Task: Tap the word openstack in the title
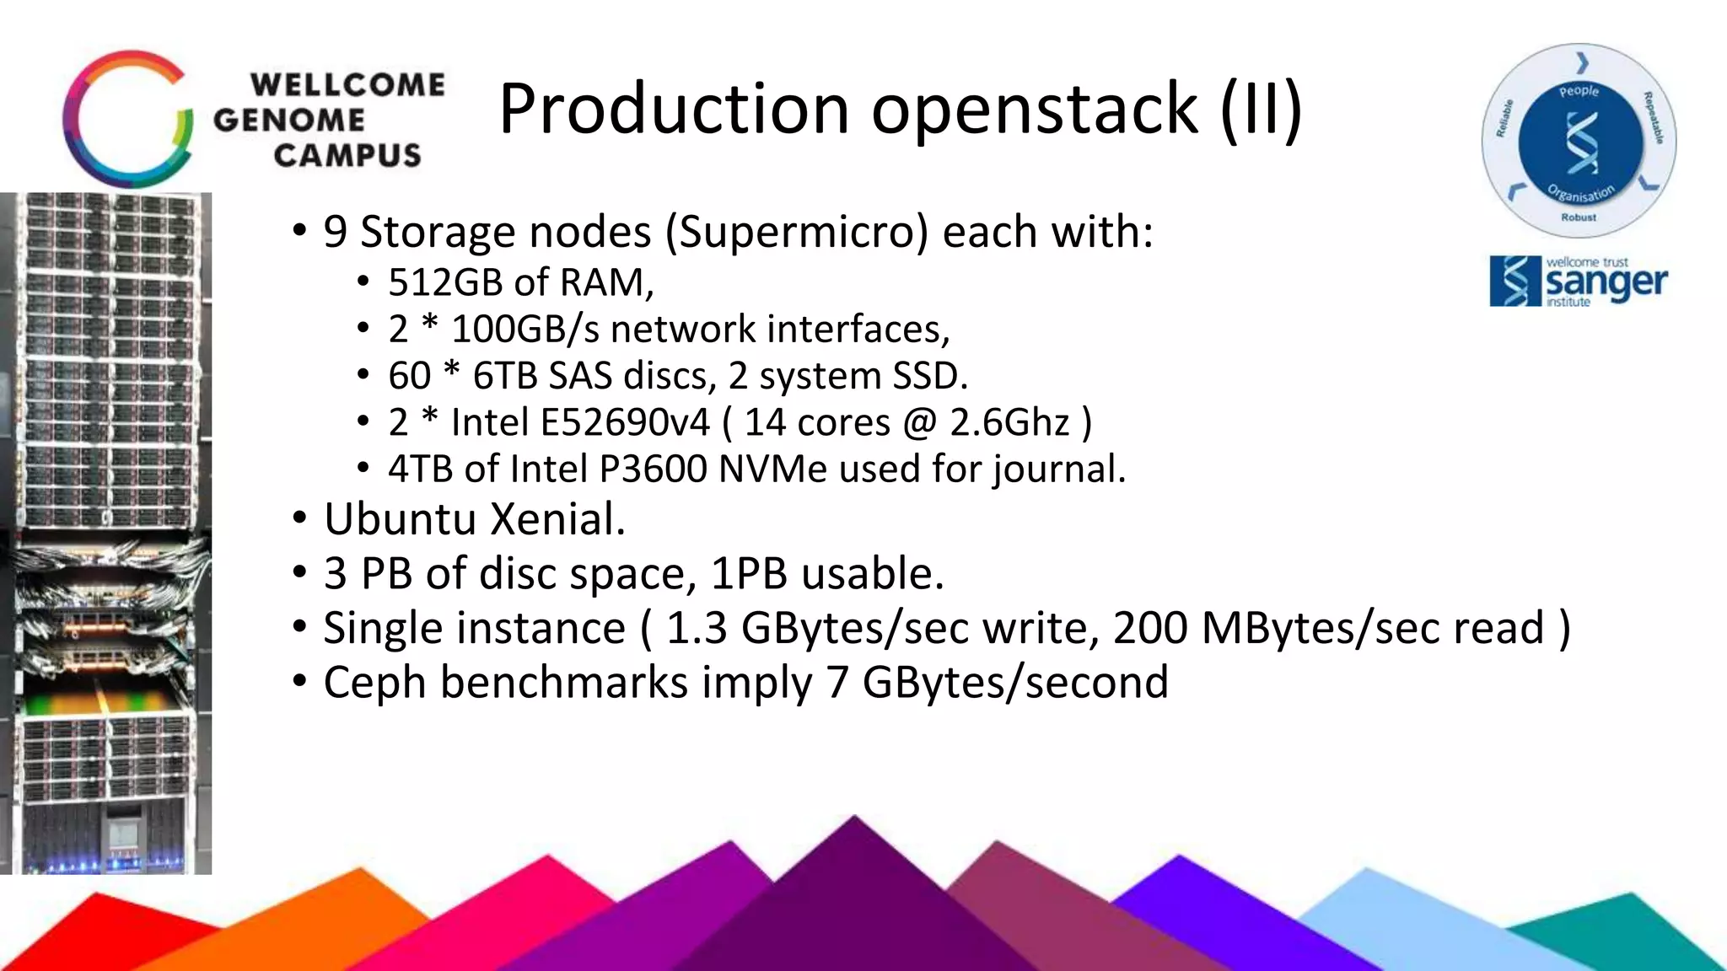1034,110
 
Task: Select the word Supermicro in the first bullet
797,232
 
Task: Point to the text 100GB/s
525,329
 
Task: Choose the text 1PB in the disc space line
749,574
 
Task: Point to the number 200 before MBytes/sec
1149,628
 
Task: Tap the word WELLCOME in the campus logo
347,85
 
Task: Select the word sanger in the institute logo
1606,283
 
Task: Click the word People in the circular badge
1579,91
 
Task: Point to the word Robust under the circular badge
1579,217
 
